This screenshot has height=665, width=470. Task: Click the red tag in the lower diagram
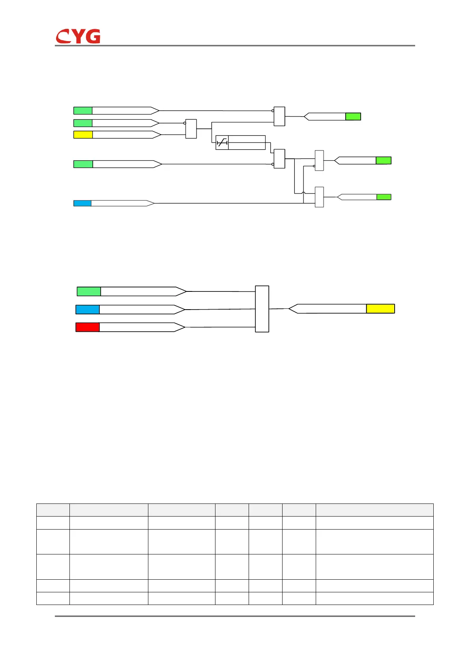87,327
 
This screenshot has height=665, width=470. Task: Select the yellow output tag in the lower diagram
380,308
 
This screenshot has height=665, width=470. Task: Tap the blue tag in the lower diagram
87,309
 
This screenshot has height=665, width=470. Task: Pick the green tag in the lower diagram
89,291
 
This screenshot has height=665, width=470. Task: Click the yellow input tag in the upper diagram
83,135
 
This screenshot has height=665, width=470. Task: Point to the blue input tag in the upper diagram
82,203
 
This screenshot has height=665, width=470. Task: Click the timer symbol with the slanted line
222,143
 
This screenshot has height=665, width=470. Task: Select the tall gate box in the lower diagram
262,309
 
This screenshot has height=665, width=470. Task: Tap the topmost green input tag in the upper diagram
83,111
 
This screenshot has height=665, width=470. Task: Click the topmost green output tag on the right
353,116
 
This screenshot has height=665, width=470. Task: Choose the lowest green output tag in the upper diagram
384,197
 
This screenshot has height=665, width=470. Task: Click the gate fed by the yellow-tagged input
191,129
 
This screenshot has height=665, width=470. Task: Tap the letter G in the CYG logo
93,36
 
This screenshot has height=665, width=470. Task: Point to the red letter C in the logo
63,37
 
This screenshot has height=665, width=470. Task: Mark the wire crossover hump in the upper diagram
303,193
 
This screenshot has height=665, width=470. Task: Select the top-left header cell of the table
53,510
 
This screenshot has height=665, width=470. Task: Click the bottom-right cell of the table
374,598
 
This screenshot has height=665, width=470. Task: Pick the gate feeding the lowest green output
319,197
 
